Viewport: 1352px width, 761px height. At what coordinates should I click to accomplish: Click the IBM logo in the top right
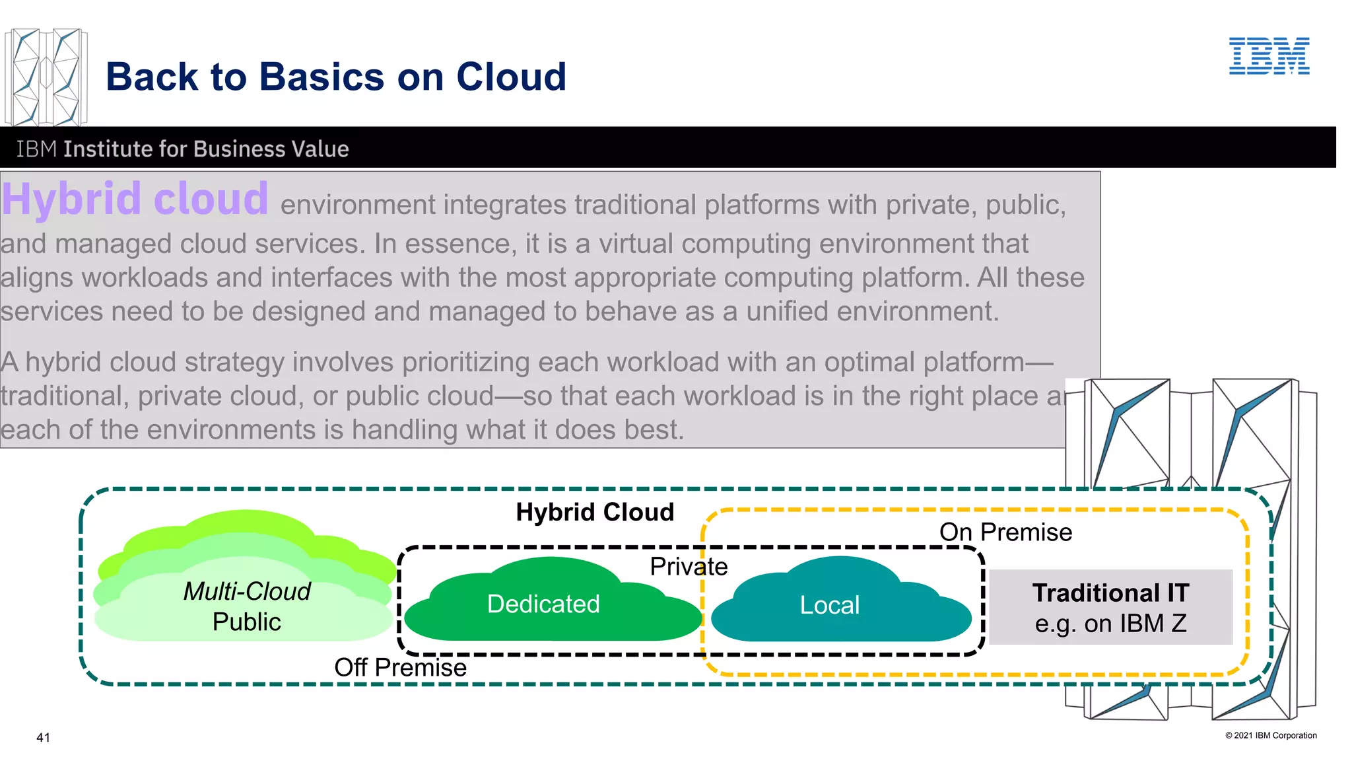[1269, 56]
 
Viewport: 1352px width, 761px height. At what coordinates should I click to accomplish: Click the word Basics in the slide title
[321, 77]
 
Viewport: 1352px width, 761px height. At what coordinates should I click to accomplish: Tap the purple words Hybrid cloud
[135, 199]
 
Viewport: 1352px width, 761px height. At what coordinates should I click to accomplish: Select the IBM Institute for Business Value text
[182, 149]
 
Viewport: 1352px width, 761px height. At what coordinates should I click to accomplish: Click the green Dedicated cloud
[543, 604]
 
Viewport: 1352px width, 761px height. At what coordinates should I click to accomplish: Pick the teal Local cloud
[830, 605]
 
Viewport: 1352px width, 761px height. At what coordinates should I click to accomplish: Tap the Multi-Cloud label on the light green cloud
[246, 591]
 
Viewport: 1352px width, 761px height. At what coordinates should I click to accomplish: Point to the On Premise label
[1005, 532]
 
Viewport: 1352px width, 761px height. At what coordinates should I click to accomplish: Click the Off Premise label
[400, 668]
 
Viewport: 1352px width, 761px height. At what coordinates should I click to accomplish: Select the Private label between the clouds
[689, 567]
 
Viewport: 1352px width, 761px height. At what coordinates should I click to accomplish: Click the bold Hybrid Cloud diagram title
[595, 513]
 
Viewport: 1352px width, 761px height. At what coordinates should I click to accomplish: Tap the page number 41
[43, 738]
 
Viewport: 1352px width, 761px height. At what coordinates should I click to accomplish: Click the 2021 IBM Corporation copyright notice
[1271, 735]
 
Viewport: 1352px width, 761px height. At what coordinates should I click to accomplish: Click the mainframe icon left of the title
[46, 77]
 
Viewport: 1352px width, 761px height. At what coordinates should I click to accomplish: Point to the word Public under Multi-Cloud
[246, 622]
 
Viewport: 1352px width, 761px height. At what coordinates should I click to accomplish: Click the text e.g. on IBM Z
[1110, 624]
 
